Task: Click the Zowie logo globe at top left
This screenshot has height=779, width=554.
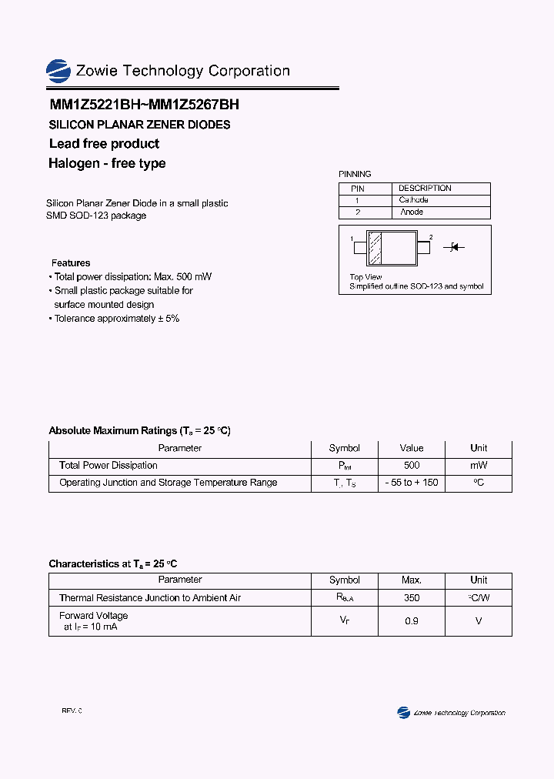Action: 58,72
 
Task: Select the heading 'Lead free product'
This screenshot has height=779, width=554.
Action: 104,144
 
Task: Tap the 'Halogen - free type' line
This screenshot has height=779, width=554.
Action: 107,163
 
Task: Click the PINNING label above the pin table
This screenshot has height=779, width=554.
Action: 355,175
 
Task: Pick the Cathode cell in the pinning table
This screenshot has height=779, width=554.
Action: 413,200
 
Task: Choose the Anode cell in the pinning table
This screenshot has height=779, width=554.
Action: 412,212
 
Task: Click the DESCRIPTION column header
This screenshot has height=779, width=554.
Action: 425,189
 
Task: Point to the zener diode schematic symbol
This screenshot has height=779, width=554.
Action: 453,247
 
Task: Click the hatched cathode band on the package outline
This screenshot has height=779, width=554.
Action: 375,248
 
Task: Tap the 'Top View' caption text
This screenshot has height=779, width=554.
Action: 365,277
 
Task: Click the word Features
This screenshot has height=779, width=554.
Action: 71,263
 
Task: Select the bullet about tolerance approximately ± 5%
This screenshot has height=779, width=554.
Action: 116,319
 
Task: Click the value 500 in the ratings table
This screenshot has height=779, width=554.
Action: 412,466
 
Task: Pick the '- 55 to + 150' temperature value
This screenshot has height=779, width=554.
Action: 412,483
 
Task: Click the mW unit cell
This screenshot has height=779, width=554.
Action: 479,466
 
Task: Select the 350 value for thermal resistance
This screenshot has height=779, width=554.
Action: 412,598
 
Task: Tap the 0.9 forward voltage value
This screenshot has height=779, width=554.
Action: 412,620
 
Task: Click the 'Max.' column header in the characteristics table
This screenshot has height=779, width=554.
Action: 412,580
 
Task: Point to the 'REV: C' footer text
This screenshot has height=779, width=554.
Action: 72,710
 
